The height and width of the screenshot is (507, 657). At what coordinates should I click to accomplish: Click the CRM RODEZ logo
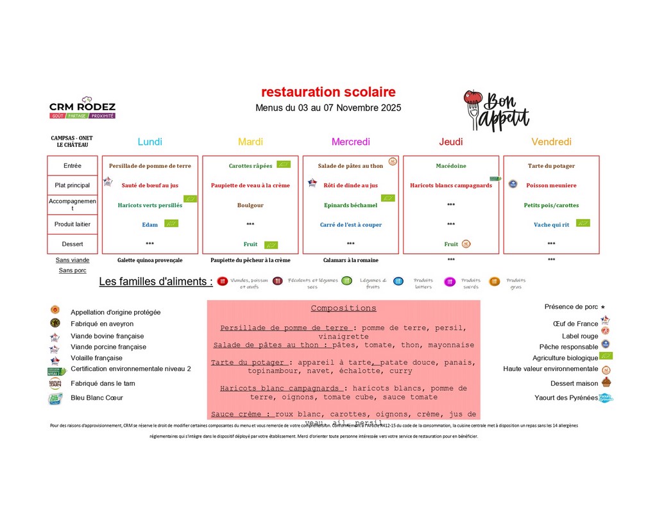click(82, 110)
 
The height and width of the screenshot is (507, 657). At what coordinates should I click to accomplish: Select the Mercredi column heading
click(350, 142)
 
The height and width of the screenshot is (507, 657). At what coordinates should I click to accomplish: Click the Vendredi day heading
click(551, 142)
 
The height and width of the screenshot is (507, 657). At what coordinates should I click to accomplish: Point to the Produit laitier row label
click(73, 224)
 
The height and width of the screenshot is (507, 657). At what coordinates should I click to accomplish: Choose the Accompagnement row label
click(73, 204)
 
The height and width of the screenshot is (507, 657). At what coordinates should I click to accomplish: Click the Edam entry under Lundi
click(150, 225)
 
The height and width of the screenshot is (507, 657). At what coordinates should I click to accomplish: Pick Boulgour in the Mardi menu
click(250, 205)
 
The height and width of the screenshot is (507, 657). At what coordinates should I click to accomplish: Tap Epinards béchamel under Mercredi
click(350, 205)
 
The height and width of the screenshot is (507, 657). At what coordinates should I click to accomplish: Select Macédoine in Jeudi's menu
click(451, 166)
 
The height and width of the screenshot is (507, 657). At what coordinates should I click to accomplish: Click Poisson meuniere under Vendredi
click(551, 185)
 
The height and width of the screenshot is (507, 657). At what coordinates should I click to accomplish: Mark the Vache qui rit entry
click(551, 225)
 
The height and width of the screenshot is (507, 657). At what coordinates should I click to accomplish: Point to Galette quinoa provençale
click(150, 260)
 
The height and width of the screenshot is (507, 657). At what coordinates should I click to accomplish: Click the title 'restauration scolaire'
click(328, 92)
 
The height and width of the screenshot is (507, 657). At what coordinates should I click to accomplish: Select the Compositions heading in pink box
click(343, 308)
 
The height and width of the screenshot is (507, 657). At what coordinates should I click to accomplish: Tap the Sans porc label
click(73, 270)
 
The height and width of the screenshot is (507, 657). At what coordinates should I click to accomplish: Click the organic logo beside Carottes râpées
click(283, 165)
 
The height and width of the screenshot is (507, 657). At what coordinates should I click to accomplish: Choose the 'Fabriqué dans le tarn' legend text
click(103, 383)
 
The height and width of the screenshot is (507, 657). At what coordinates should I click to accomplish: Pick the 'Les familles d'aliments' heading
click(156, 282)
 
